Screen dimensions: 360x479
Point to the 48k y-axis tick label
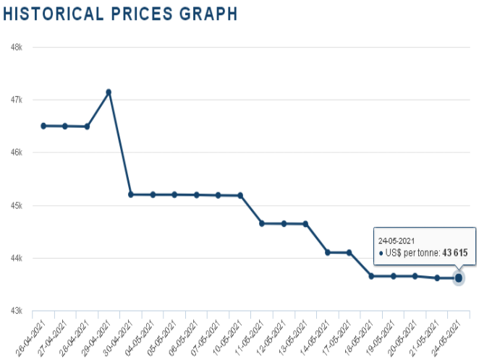(17, 47)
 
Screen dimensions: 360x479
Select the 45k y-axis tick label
(17, 205)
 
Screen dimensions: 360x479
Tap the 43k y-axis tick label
(17, 311)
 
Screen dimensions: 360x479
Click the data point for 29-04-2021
(109, 93)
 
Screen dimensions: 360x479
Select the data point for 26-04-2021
(43, 126)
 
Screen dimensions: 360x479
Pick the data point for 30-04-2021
(131, 194)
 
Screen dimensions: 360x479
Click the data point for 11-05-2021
(262, 223)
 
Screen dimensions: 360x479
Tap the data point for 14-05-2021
(328, 252)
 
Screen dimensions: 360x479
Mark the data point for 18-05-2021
(371, 276)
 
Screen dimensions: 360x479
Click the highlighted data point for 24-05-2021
(459, 278)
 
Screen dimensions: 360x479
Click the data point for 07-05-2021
(218, 195)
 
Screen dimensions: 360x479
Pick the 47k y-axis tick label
(17, 100)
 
